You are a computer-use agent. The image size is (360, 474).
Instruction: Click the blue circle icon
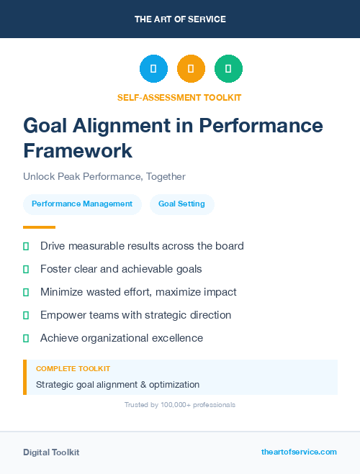pyautogui.click(x=153, y=68)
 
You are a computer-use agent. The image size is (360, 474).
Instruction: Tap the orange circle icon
pyautogui.click(x=191, y=68)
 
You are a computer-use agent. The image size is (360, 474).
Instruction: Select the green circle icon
pyautogui.click(x=228, y=68)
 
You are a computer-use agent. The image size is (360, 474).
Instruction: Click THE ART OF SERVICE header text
pyautogui.click(x=180, y=19)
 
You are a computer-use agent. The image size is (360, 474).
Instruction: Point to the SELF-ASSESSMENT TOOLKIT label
pyautogui.click(x=179, y=97)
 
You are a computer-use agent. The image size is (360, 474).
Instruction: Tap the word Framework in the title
pyautogui.click(x=78, y=151)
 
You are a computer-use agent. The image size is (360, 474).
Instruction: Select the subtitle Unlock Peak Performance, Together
pyautogui.click(x=104, y=176)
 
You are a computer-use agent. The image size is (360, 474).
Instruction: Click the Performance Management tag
pyautogui.click(x=82, y=204)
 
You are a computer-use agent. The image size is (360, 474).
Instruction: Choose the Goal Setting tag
pyautogui.click(x=181, y=204)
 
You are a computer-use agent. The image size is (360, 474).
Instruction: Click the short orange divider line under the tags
pyautogui.click(x=39, y=227)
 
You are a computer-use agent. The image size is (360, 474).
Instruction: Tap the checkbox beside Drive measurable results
pyautogui.click(x=26, y=246)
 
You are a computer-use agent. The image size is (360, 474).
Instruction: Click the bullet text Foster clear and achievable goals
pyautogui.click(x=121, y=269)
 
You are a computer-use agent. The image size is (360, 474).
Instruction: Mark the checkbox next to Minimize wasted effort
pyautogui.click(x=26, y=292)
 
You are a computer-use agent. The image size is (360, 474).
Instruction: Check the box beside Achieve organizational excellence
pyautogui.click(x=26, y=338)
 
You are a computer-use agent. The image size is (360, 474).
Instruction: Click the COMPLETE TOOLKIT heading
pyautogui.click(x=73, y=368)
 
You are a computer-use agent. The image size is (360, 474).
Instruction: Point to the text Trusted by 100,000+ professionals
pyautogui.click(x=180, y=405)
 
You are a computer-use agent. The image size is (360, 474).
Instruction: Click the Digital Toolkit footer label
pyautogui.click(x=51, y=452)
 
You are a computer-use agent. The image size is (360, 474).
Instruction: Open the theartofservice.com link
pyautogui.click(x=299, y=452)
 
